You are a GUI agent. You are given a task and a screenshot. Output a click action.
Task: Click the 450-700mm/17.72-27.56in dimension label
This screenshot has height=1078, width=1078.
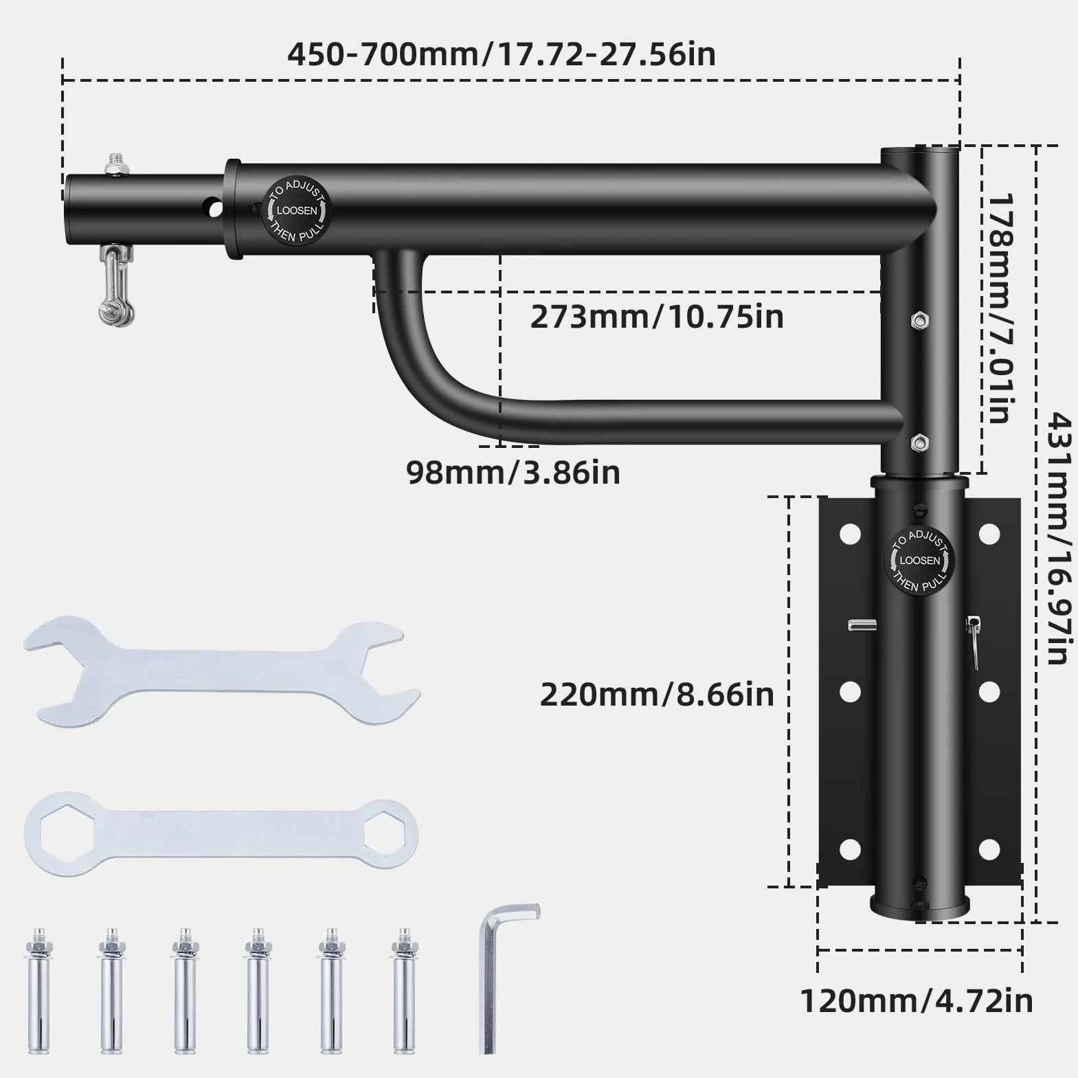click(x=502, y=54)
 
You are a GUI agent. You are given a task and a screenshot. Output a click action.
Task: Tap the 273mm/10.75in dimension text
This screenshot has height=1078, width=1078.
click(x=657, y=317)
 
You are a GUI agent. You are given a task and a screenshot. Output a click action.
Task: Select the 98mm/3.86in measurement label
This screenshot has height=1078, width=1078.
click(x=513, y=473)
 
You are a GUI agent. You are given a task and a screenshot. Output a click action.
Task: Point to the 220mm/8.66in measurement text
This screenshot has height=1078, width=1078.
click(x=657, y=695)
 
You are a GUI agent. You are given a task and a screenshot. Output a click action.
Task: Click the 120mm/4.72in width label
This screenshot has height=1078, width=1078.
click(x=917, y=1001)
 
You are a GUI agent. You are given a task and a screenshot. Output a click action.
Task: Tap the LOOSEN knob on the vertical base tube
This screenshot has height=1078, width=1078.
click(x=920, y=561)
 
